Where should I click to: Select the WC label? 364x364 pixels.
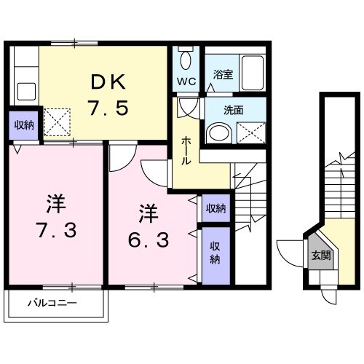click(x=184, y=82)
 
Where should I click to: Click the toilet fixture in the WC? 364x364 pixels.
click(x=185, y=60)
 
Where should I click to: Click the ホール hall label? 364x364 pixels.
click(x=186, y=149)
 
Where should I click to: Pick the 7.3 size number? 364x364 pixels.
click(x=55, y=232)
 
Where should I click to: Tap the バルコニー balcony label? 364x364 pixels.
click(x=53, y=301)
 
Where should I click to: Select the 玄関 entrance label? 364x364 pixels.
click(x=321, y=255)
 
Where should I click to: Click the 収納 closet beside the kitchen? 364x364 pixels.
click(x=23, y=125)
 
